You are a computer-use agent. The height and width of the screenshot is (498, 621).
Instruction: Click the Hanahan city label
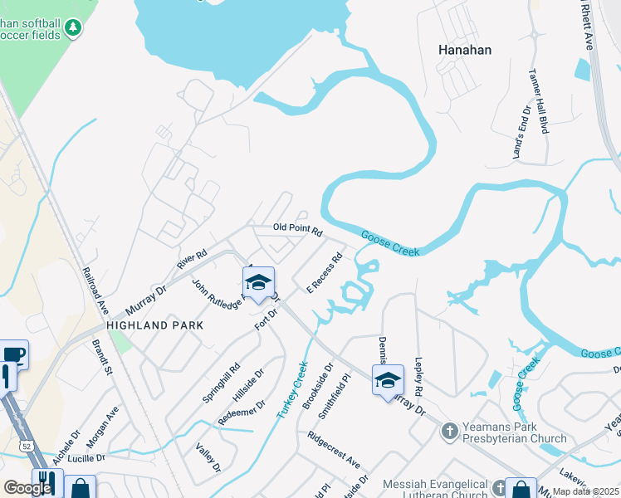pyautogui.click(x=465, y=50)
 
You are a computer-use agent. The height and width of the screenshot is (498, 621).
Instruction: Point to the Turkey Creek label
pyautogui.click(x=291, y=389)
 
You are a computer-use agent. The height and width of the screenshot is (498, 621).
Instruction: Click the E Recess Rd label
pyautogui.click(x=325, y=273)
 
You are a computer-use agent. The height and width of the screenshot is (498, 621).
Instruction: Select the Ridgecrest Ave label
pyautogui.click(x=333, y=449)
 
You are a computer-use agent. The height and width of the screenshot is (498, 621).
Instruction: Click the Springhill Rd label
pyautogui.click(x=221, y=382)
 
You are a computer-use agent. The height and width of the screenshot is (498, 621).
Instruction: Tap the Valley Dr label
pyautogui.click(x=208, y=457)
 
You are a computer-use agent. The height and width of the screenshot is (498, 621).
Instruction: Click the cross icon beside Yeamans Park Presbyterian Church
pyautogui.click(x=449, y=432)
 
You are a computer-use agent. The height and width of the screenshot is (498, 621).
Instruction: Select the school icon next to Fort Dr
pyautogui.click(x=258, y=281)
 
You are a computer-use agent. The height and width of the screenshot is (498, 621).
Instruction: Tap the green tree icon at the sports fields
pyautogui.click(x=74, y=28)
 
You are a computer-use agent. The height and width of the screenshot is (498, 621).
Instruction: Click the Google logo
pyautogui.click(x=27, y=488)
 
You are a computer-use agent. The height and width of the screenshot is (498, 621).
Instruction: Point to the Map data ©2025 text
pyautogui.click(x=586, y=491)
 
